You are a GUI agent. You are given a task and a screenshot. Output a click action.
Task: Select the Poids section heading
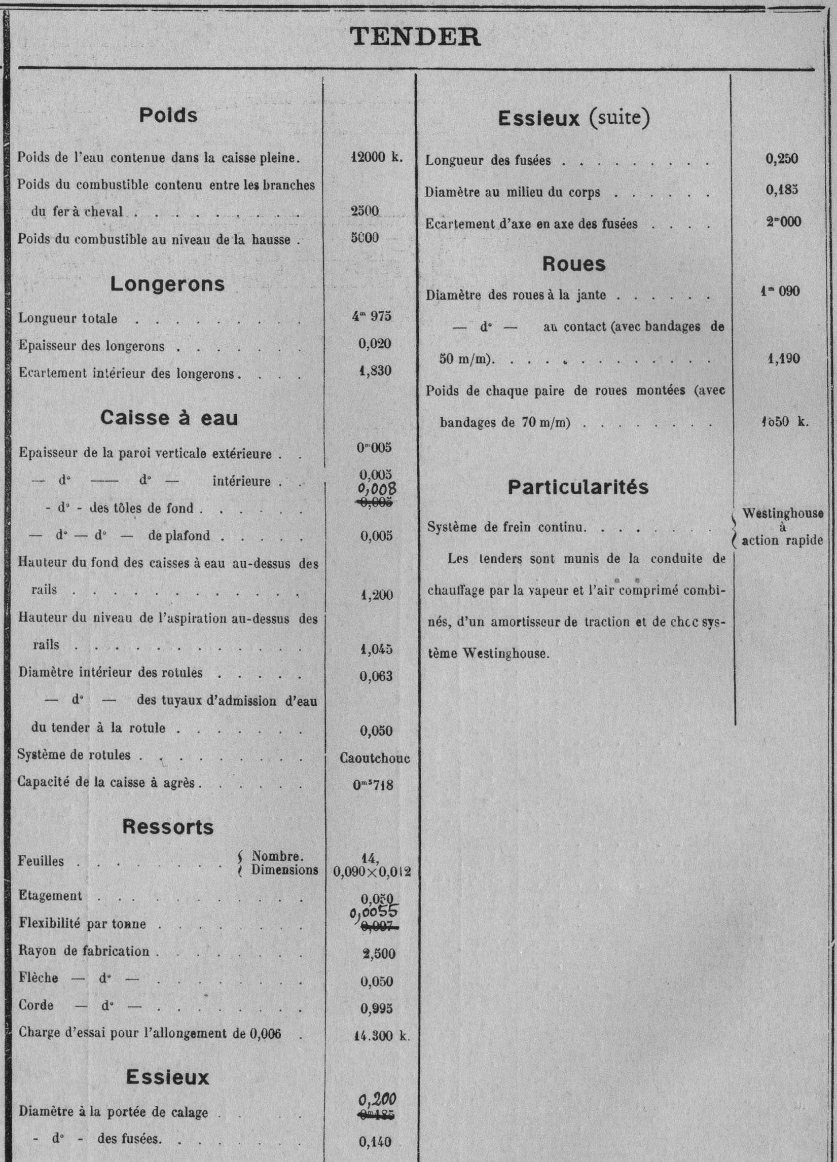168,115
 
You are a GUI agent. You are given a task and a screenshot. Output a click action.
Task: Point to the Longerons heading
167,284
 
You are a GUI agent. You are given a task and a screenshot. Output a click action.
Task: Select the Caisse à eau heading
169,418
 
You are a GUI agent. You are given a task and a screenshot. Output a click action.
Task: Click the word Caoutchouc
375,758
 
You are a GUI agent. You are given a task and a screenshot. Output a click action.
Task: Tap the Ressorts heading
168,827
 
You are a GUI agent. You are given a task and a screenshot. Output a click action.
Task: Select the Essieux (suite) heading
574,118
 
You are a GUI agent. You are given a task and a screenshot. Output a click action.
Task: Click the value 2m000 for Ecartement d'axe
784,222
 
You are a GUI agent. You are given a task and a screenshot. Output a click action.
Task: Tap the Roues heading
574,264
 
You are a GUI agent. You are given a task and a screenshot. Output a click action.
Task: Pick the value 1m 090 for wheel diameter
780,291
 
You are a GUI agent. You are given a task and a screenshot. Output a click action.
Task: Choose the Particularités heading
578,487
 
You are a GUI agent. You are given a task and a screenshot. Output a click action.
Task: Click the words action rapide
782,540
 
